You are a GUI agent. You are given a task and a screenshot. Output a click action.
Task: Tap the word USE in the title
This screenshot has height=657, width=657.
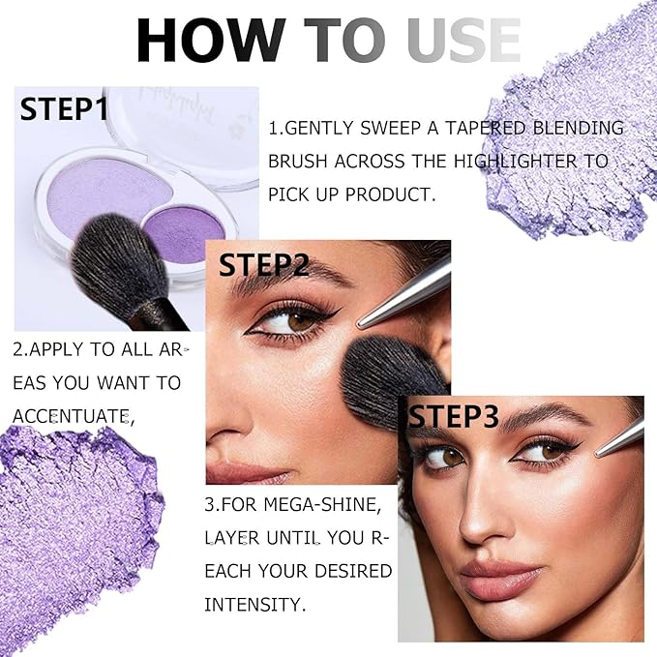[x=463, y=41]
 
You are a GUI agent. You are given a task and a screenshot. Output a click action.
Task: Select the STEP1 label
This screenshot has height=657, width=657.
[x=64, y=109]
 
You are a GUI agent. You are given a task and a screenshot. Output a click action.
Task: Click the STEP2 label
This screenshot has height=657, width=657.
[x=263, y=265]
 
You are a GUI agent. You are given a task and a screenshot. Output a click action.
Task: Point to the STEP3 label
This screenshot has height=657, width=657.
[x=454, y=416]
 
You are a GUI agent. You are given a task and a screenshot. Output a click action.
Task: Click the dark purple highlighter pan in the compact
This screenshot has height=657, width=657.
[x=185, y=234]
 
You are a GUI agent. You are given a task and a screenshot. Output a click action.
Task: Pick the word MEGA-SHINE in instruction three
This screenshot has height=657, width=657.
[x=322, y=504]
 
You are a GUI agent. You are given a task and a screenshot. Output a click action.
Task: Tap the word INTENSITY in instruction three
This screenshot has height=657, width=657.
[x=254, y=605]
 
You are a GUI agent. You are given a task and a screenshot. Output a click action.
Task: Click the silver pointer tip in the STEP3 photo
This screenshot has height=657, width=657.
[x=598, y=454]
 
